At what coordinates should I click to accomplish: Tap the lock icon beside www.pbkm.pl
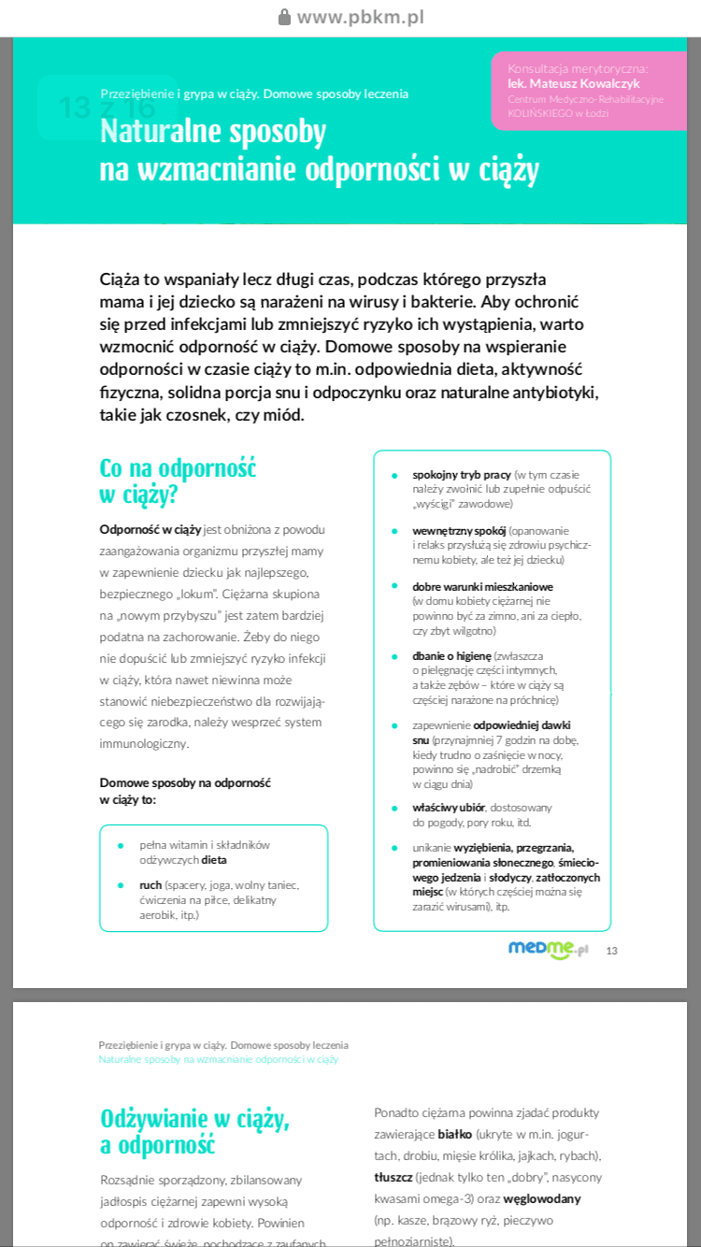[284, 17]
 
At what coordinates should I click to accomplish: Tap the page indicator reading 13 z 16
[106, 107]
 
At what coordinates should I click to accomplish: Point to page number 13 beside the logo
[612, 951]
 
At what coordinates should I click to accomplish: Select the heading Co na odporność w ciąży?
[178, 480]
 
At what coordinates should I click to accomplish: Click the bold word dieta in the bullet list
[214, 859]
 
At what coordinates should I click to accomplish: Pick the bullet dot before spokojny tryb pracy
[394, 475]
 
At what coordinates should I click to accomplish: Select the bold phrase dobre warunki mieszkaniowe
[482, 586]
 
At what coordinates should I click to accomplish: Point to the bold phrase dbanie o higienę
[451, 655]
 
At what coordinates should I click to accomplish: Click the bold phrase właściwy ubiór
[449, 807]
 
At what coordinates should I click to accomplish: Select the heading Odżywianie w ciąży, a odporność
[194, 1130]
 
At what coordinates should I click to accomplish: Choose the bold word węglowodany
[542, 1198]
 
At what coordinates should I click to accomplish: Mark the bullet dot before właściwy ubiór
[394, 807]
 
